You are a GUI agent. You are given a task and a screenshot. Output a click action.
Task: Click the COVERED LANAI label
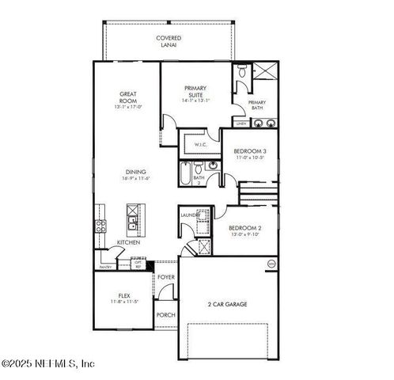[168, 41]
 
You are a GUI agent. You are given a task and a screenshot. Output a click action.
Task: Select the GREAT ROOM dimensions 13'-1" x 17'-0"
[128, 107]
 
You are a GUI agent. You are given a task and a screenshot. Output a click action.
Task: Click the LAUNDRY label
[190, 215]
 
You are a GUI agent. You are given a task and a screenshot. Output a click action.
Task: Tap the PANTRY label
[105, 268]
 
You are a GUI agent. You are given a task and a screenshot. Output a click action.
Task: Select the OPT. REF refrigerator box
[138, 265]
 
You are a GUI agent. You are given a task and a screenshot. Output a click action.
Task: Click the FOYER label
[165, 277]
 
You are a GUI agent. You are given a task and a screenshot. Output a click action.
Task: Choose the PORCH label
[165, 314]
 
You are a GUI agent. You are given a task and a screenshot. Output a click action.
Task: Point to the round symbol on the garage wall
[271, 263]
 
